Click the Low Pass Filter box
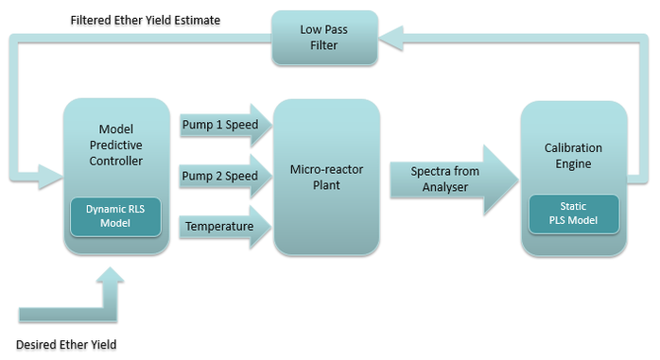(x=324, y=38)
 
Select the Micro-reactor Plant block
(x=326, y=176)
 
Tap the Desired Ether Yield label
(x=65, y=344)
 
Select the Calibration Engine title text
(x=573, y=156)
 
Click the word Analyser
(x=444, y=187)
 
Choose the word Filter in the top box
(x=324, y=46)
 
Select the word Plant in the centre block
(x=326, y=185)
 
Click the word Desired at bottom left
(x=36, y=344)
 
